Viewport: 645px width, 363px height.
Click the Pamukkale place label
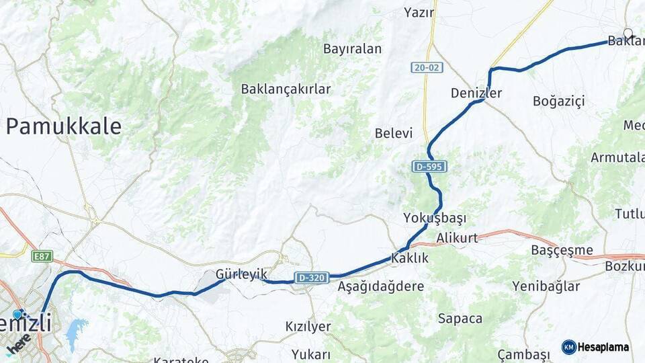coord(64,126)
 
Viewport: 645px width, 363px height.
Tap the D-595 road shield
coord(429,166)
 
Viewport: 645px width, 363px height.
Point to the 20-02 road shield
coord(427,68)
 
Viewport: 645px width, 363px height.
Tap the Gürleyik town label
coord(241,274)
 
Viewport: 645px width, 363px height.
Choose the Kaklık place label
coord(409,257)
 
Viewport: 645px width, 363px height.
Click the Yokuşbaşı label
coord(435,218)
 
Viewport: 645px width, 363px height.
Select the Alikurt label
coord(457,238)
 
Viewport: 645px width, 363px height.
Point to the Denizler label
coord(476,93)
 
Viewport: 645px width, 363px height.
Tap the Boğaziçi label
coord(558,101)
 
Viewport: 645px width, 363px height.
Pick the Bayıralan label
coord(352,48)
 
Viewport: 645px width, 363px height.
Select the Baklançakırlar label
coord(286,89)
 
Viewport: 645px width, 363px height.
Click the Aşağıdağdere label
coord(381,286)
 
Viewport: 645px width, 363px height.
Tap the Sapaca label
coord(460,319)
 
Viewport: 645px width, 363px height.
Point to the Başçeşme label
coord(553,249)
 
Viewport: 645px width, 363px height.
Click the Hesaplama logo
coord(595,347)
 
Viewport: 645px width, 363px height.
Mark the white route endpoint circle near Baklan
coord(628,33)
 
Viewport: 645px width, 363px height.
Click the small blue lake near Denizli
coord(75,331)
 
